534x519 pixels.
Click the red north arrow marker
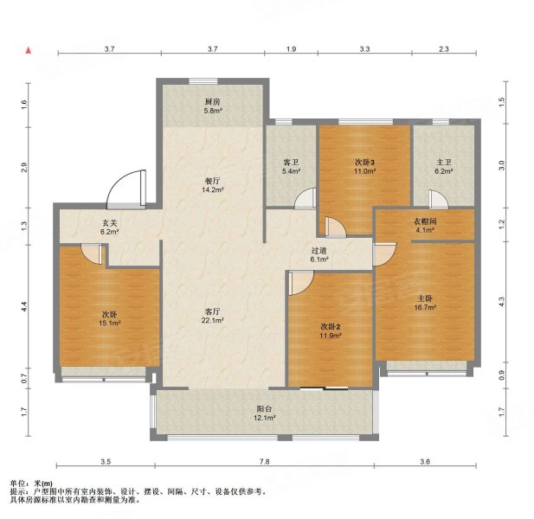(x=29, y=50)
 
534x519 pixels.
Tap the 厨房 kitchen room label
(x=213, y=102)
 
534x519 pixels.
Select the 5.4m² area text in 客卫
(x=291, y=171)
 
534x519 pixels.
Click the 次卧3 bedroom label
(x=364, y=163)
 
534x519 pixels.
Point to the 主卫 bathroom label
(x=444, y=163)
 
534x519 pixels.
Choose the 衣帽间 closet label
(x=425, y=221)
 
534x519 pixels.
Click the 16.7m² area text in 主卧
(x=425, y=307)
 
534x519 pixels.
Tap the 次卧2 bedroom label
(x=331, y=327)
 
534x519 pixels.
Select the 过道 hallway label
(x=319, y=251)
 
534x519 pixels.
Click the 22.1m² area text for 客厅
(x=213, y=320)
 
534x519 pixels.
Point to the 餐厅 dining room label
(x=213, y=181)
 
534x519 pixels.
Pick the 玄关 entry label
(x=110, y=223)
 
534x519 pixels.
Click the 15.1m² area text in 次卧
(x=110, y=324)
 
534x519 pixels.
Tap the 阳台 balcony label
(x=264, y=409)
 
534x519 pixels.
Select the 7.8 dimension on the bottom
(x=264, y=462)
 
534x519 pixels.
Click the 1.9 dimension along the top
(x=291, y=49)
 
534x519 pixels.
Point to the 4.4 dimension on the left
(x=24, y=306)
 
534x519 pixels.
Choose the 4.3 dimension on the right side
(x=502, y=302)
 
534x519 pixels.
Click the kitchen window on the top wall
(x=203, y=81)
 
